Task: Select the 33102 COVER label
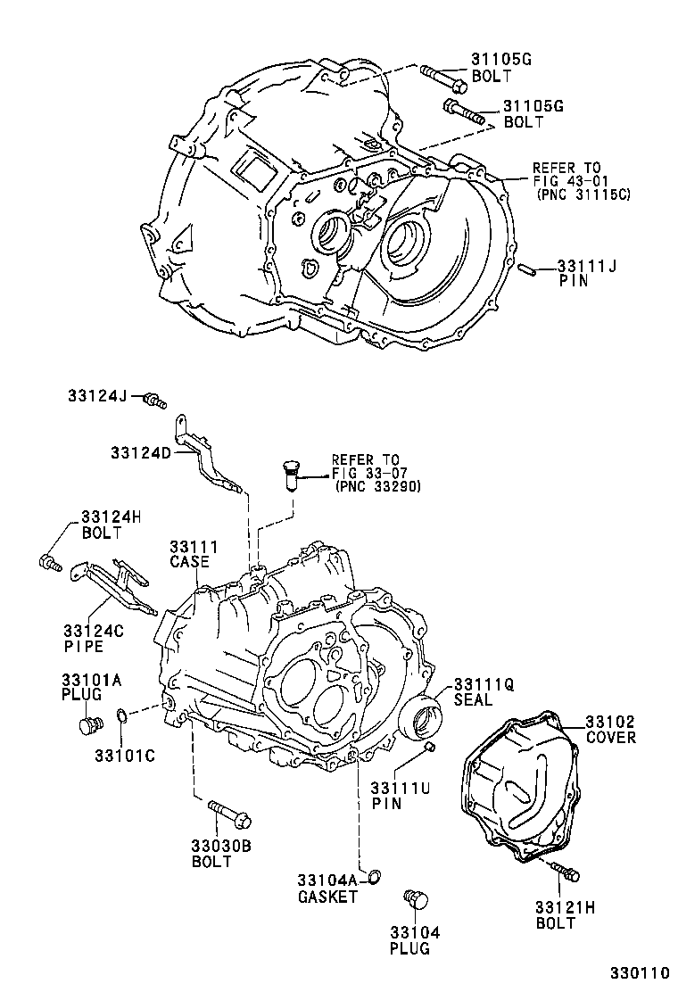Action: [610, 730]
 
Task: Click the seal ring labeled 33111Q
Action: [421, 717]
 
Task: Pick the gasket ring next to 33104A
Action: [376, 874]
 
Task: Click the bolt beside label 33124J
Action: [157, 401]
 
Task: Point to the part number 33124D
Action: [141, 453]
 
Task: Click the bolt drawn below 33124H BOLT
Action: [48, 562]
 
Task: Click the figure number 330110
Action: [639, 973]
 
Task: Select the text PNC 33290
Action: [377, 487]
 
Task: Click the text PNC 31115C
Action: [583, 194]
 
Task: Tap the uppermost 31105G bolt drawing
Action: [442, 78]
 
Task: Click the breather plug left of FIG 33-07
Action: [290, 474]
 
